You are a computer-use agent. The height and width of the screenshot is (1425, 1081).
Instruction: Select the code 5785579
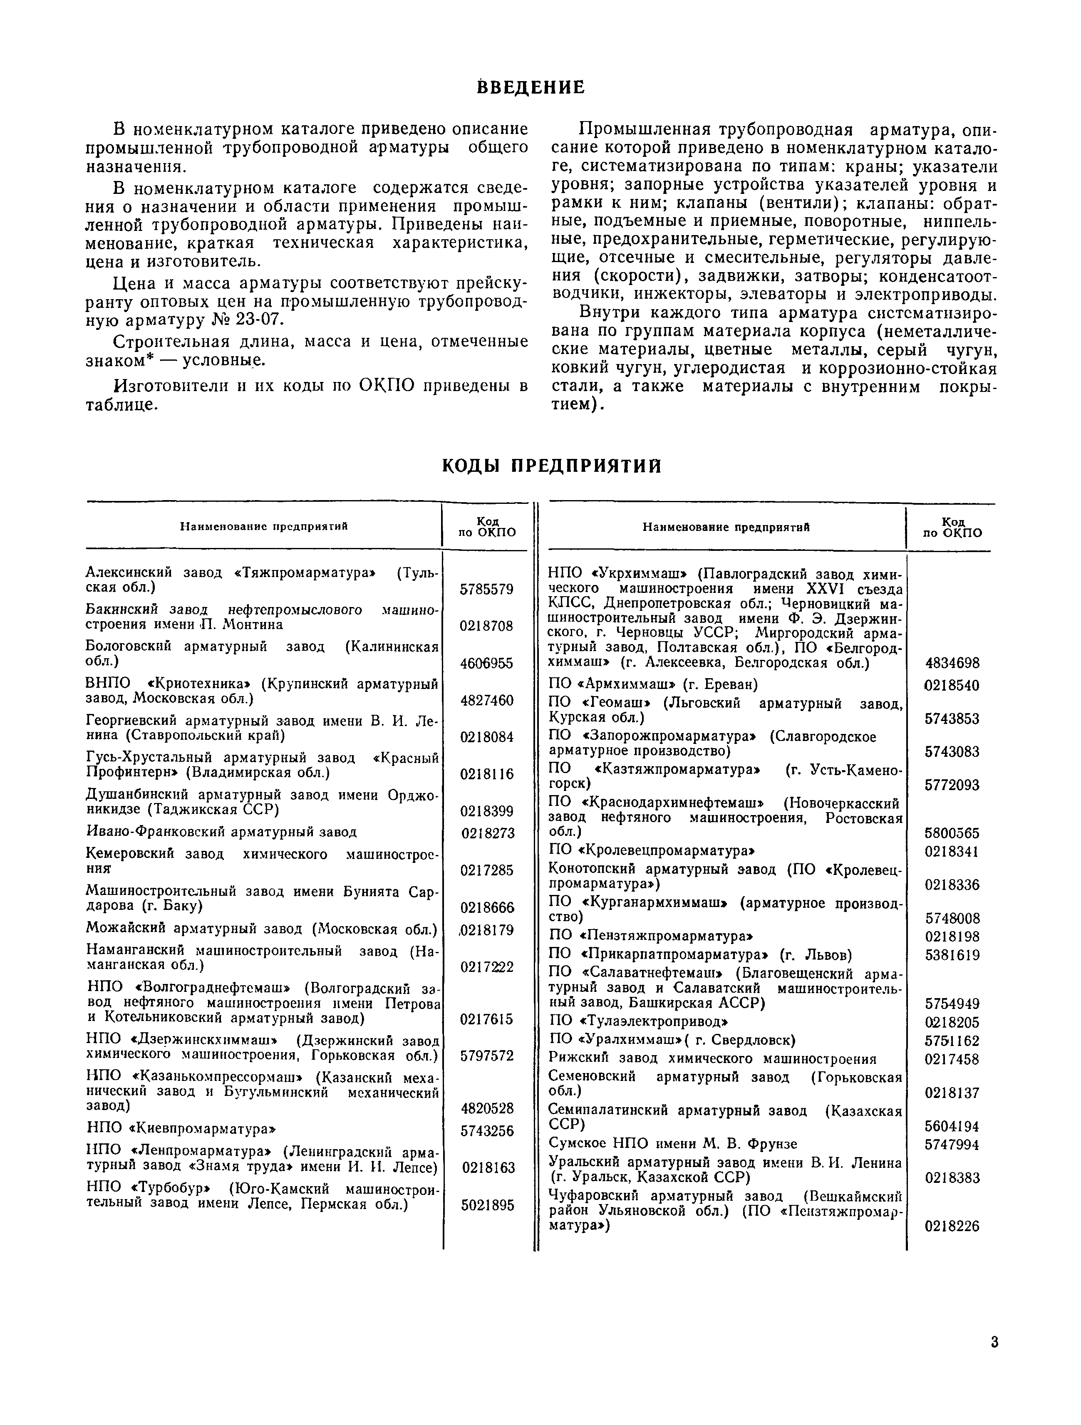pos(486,589)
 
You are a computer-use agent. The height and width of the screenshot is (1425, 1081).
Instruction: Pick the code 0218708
pos(486,625)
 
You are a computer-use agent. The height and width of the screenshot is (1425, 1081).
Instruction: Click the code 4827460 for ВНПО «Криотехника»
pos(486,700)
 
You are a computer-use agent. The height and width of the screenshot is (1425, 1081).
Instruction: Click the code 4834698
pos(952,663)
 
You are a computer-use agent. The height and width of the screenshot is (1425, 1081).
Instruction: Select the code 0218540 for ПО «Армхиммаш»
pos(952,685)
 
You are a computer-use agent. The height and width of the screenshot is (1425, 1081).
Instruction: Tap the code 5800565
pos(952,833)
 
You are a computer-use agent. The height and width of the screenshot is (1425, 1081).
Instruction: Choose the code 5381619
pos(952,955)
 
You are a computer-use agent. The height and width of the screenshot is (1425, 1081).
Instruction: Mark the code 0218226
pos(952,1227)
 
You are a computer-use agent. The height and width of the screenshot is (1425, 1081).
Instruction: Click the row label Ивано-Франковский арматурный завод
pos(221,832)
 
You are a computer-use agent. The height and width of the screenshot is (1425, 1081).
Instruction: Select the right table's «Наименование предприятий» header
pos(726,527)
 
